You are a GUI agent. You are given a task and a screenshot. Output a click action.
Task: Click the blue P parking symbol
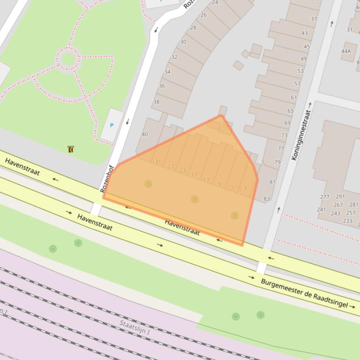tap(111, 125)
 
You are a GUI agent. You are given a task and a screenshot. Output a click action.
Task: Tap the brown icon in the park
tap(70, 150)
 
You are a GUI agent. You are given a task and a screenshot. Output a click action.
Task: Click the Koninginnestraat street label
tap(301, 135)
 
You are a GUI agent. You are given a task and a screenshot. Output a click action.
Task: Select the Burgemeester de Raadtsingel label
tap(305, 294)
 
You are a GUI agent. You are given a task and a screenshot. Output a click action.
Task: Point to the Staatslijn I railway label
tap(134, 327)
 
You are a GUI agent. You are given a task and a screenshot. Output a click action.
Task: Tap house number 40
tap(145, 134)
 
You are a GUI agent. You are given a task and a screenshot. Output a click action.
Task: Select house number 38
tap(156, 102)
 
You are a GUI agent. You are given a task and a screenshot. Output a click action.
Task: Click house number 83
tap(267, 199)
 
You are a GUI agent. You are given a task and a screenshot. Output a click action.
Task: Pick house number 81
tap(272, 182)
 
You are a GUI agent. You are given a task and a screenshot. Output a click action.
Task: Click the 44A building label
tap(346, 51)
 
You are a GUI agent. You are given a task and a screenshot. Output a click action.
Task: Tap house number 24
tap(215, 2)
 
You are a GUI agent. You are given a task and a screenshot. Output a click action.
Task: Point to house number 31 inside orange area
tap(158, 162)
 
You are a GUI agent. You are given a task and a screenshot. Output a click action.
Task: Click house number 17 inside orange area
tap(194, 175)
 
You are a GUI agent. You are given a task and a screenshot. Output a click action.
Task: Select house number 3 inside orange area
tap(245, 188)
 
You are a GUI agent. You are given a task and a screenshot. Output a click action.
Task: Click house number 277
tap(325, 197)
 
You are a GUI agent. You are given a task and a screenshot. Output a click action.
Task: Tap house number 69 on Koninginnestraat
tap(287, 123)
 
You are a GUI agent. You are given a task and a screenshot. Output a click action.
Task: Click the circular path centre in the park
tap(68, 58)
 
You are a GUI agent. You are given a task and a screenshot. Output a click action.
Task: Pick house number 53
tap(301, 71)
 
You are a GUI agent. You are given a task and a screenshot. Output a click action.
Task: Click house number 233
tap(347, 221)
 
